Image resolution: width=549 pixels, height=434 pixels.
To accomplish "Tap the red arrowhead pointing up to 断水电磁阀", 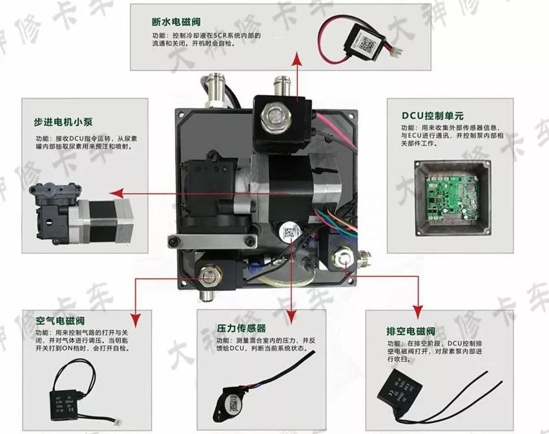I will tap(297, 59).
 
